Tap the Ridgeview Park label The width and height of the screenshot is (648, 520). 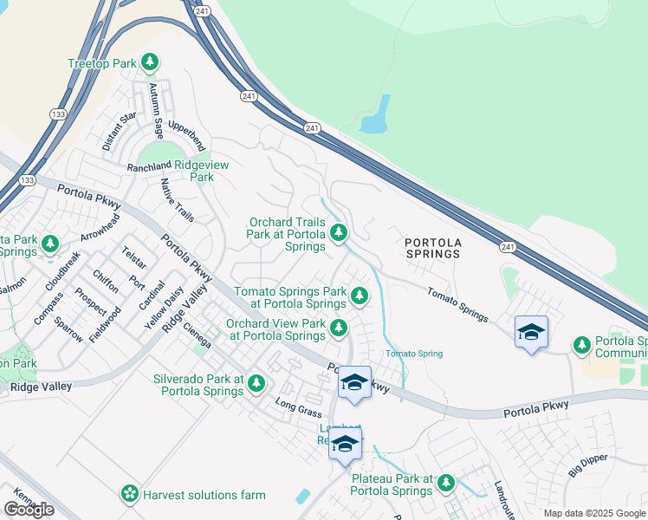(195, 171)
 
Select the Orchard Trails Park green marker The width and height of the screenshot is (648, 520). (339, 232)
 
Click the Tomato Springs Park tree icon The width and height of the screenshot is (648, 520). (359, 297)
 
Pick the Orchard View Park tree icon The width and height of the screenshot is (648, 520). (339, 328)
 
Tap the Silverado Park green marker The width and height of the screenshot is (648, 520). (256, 382)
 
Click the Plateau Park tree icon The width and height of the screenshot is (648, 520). (445, 483)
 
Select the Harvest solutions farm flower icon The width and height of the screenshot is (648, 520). (130, 494)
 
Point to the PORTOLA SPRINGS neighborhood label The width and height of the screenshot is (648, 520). (432, 247)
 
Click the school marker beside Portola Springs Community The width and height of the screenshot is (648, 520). (531, 332)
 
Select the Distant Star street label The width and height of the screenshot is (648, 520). (120, 131)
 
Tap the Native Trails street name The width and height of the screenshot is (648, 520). (178, 200)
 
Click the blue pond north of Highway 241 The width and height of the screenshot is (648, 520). (375, 114)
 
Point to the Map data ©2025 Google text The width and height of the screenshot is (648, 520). (593, 513)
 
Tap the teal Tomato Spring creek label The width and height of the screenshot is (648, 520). (414, 354)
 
